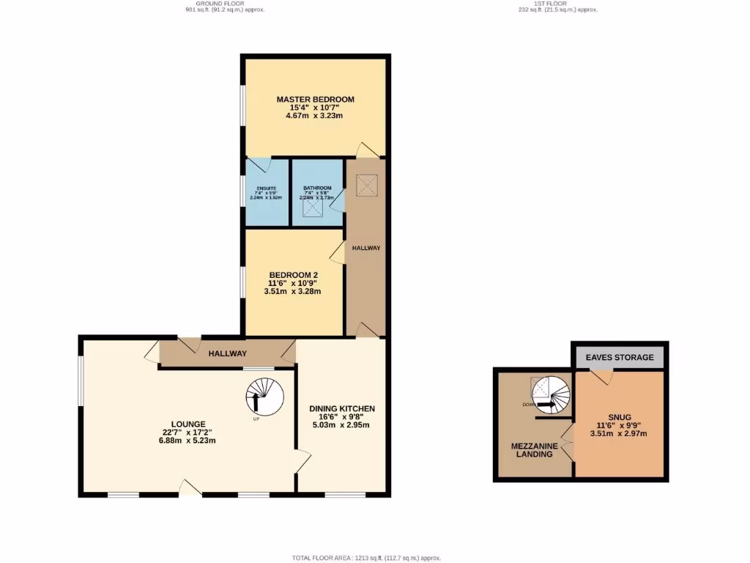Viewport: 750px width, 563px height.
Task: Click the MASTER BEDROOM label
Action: coord(315,100)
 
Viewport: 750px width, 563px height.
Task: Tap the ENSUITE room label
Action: coord(261,188)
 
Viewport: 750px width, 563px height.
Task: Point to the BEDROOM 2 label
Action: coord(293,276)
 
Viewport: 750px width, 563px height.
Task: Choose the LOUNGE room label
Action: coord(188,424)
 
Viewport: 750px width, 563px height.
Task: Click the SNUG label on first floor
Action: coord(619,417)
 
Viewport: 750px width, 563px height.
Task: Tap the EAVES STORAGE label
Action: coord(620,358)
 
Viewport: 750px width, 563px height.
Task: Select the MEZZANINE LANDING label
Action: coord(535,450)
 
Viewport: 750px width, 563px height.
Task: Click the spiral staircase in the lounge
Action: coord(264,397)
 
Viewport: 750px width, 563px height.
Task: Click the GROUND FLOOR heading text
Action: coord(225,4)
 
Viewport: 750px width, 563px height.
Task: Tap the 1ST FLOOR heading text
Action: coord(554,4)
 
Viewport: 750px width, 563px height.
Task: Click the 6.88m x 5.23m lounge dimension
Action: coord(188,441)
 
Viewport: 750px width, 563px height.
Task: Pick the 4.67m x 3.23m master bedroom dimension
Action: coord(315,116)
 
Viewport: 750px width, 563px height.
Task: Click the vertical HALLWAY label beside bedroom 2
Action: coord(366,248)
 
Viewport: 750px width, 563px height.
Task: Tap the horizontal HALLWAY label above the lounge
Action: coord(227,353)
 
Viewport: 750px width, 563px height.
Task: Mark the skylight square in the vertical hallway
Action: coord(366,183)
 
